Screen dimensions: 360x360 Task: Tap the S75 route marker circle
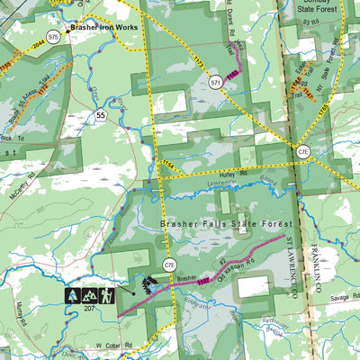[x=54, y=37]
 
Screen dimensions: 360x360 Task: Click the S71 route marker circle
[x=216, y=83]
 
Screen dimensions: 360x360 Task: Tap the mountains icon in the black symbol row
[x=90, y=294]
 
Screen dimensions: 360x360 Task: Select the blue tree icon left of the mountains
[x=72, y=294]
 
